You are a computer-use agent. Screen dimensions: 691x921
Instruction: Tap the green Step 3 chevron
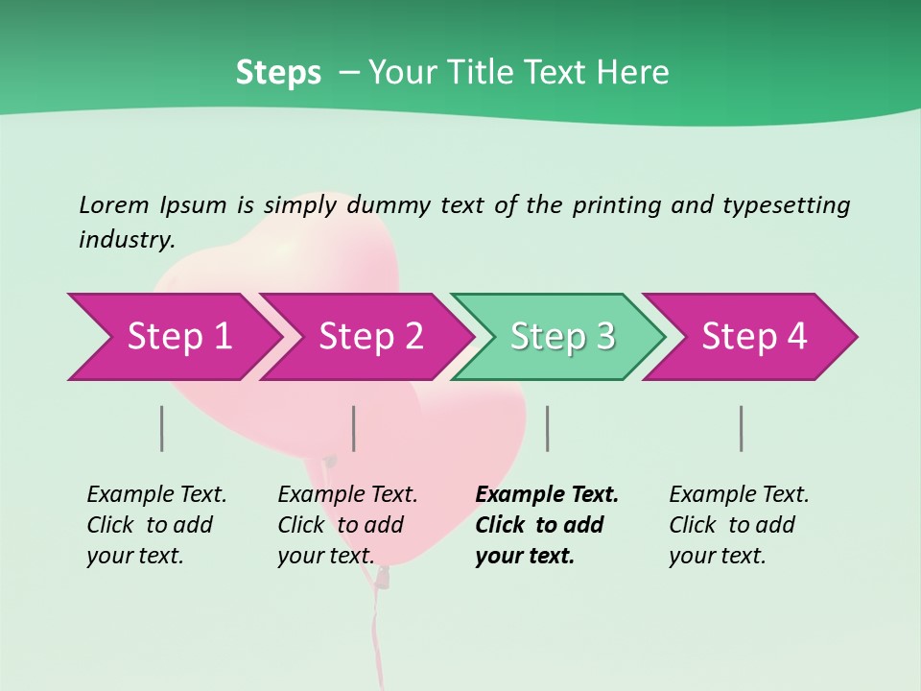point(562,337)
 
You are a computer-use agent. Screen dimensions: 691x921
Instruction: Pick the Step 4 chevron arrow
point(754,337)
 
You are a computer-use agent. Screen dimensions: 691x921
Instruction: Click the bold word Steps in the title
point(278,73)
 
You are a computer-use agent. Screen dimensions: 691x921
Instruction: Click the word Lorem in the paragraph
point(113,205)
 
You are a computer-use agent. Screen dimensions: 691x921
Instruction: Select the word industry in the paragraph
point(125,240)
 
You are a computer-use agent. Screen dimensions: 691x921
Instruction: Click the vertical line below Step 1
point(162,428)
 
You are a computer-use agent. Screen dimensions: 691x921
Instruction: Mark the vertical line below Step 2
point(354,428)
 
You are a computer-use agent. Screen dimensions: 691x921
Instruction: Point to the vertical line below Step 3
point(548,428)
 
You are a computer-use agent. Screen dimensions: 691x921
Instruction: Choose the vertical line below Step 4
point(742,428)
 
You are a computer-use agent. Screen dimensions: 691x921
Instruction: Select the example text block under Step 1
point(156,525)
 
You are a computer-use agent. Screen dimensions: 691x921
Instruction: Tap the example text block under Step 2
point(347,525)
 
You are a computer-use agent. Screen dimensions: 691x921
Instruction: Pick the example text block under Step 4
point(739,525)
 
